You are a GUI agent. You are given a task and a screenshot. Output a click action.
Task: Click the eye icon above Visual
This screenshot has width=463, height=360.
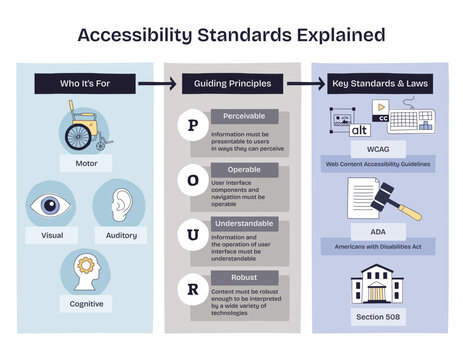(x=51, y=205)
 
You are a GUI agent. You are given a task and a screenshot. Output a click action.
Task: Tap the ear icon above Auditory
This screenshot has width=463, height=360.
(x=121, y=203)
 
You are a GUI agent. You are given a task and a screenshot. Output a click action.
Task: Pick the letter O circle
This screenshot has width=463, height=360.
(x=193, y=180)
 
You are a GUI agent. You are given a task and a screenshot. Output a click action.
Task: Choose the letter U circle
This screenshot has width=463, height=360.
(x=193, y=234)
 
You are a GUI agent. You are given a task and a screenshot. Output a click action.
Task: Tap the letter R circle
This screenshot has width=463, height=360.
(x=193, y=288)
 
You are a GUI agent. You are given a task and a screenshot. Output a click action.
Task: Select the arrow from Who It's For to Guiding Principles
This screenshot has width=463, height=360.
(x=150, y=84)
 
